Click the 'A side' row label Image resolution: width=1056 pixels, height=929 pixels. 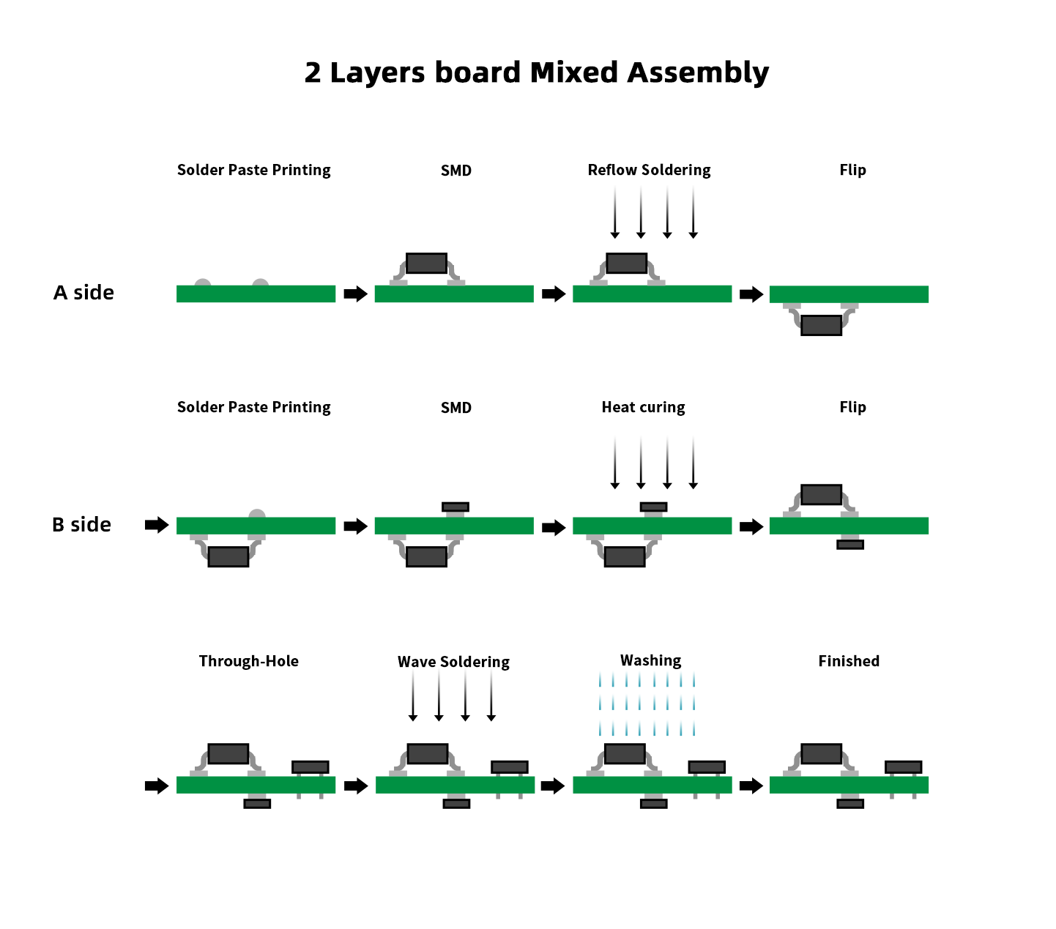(x=83, y=293)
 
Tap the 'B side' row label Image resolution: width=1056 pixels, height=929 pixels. (x=81, y=525)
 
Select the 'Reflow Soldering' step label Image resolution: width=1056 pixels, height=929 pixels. (x=649, y=171)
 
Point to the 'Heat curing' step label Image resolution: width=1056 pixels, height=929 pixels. (x=643, y=408)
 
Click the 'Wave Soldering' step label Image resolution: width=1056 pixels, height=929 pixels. (x=453, y=663)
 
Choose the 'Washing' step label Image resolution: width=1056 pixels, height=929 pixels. (x=650, y=661)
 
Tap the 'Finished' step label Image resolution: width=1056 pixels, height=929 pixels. (x=849, y=662)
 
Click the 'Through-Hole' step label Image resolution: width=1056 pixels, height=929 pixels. (x=248, y=662)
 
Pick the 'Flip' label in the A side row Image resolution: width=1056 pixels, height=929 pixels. (x=852, y=171)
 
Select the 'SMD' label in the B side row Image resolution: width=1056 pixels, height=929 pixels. (x=456, y=408)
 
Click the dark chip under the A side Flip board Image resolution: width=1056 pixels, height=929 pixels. (x=821, y=325)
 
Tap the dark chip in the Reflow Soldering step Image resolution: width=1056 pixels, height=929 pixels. (x=626, y=263)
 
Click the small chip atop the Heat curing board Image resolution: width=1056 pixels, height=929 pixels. (x=653, y=507)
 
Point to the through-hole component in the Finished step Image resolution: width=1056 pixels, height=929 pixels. (x=903, y=767)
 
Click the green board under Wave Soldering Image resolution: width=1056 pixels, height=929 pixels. (x=455, y=785)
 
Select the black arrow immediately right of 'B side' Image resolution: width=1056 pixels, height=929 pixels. (x=157, y=525)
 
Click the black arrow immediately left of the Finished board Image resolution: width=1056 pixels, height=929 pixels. (x=751, y=786)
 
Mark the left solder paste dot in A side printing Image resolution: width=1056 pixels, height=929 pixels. (x=203, y=284)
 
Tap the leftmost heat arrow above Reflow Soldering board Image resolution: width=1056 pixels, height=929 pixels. (x=615, y=212)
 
